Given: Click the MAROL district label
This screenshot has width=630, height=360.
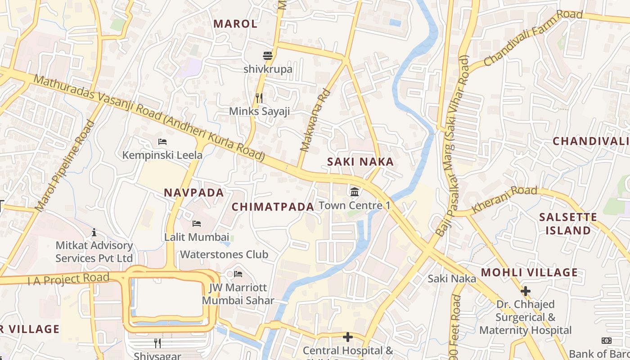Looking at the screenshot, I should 235,24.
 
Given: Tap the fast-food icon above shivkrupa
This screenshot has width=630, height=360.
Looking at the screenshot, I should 268,56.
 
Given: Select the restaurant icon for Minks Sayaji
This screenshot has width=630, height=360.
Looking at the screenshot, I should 259,98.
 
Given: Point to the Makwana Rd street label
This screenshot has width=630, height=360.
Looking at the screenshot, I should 315,121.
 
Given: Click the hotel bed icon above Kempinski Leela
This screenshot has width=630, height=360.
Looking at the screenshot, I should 162,142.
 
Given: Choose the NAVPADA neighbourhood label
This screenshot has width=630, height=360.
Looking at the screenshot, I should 193,193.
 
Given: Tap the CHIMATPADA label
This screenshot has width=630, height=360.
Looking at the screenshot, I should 273,207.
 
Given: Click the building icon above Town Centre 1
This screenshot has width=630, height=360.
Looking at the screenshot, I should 355,192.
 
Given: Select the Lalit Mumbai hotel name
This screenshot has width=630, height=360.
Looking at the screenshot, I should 197,237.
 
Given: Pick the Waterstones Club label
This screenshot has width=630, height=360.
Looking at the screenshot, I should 224,254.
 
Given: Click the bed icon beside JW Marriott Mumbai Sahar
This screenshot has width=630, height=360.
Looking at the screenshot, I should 238,274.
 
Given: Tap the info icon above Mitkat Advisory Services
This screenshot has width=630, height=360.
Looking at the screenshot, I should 94,232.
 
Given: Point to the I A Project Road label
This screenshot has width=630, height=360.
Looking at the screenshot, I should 68,279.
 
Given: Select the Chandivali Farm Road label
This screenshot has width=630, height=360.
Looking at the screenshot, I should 533,38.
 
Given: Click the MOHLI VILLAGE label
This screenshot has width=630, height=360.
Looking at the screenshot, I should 529,272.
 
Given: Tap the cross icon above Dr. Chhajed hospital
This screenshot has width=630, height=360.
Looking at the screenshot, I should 525,291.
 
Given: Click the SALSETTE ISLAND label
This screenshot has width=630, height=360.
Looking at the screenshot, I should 568,224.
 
